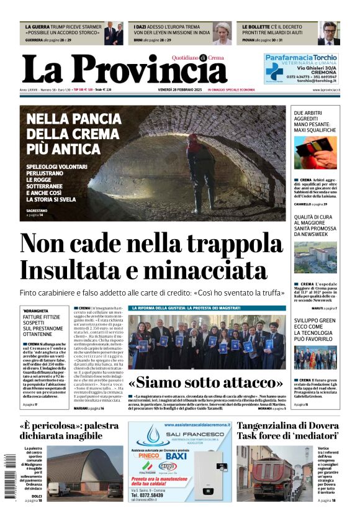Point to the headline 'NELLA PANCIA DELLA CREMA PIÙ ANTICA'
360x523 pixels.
[72, 133]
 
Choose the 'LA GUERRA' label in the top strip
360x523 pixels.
[38, 27]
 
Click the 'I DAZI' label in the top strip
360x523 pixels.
[142, 27]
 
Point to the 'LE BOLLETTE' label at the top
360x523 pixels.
[255, 27]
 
